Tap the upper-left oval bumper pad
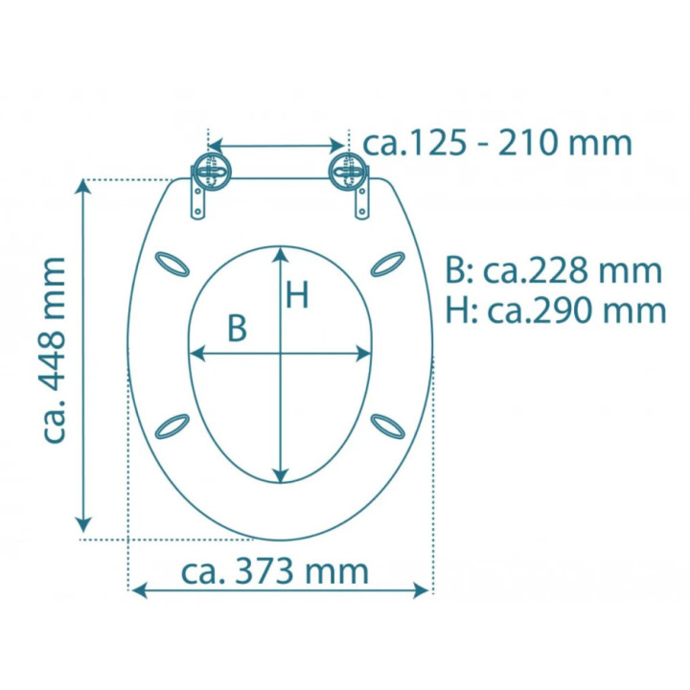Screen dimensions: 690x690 pyautogui.click(x=172, y=264)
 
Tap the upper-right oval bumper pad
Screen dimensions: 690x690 pyautogui.click(x=388, y=264)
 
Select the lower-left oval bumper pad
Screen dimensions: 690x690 pyautogui.click(x=172, y=426)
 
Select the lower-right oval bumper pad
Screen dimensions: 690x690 pyautogui.click(x=388, y=426)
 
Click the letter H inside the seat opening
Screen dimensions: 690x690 pyautogui.click(x=297, y=295)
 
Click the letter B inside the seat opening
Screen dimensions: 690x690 pyautogui.click(x=238, y=329)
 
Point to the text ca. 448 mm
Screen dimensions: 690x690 pyautogui.click(x=55, y=350)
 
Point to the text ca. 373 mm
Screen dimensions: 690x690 pyautogui.click(x=275, y=571)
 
